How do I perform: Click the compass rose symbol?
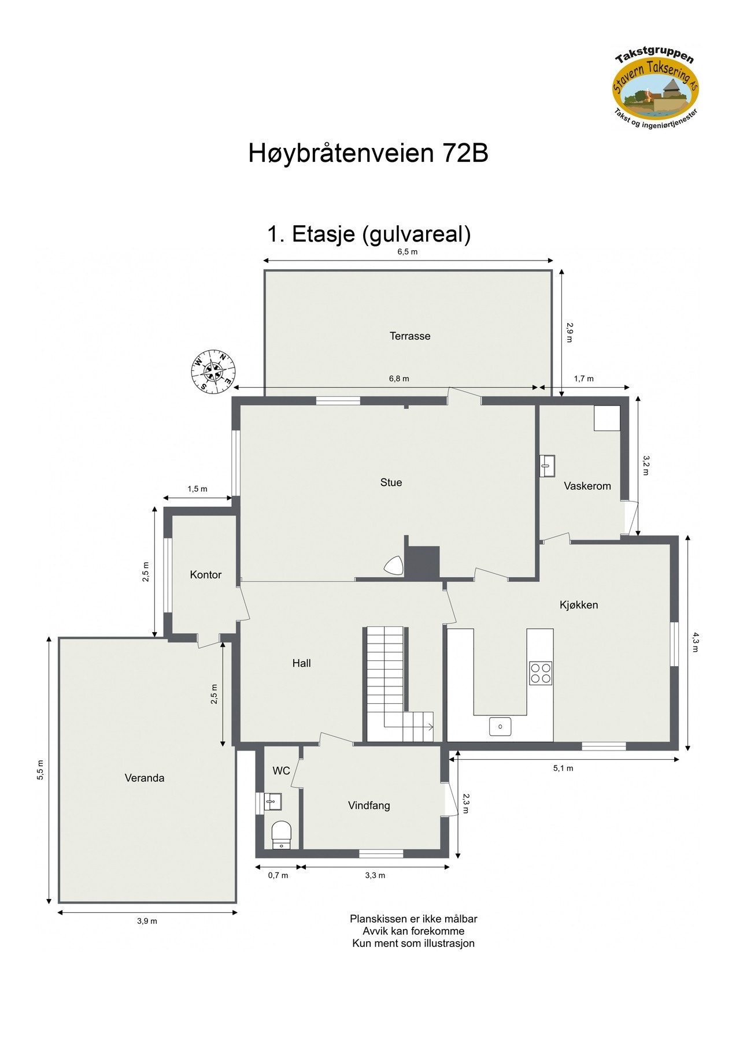click(213, 371)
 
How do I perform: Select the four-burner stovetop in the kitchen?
click(541, 673)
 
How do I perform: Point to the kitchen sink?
click(500, 726)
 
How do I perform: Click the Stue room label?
click(391, 482)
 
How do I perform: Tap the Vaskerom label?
click(587, 486)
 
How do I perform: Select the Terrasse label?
click(410, 336)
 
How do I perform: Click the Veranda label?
click(145, 778)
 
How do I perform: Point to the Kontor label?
click(206, 574)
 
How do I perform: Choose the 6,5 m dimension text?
click(408, 251)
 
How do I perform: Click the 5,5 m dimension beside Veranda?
click(40, 770)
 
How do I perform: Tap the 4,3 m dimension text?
click(696, 642)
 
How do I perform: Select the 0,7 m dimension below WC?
click(278, 875)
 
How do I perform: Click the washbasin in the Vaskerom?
click(547, 466)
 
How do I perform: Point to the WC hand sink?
click(272, 801)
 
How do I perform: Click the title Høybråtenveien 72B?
click(368, 153)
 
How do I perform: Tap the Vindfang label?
click(369, 805)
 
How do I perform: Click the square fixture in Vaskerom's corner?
click(607, 418)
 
